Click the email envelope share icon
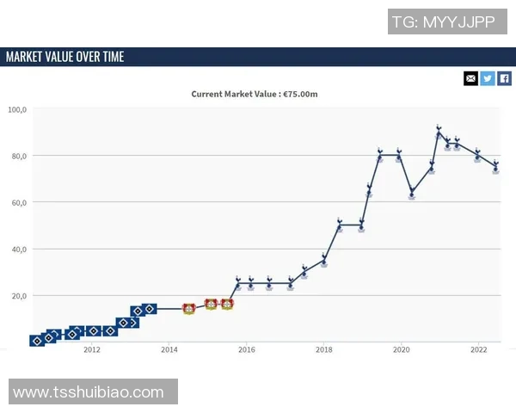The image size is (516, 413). point(470,78)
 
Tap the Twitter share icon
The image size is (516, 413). point(488,78)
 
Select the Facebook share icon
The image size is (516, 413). point(504,78)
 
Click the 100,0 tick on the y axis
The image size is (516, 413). point(18,109)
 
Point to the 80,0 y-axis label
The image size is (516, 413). point(18,156)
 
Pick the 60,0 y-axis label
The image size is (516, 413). point(18,202)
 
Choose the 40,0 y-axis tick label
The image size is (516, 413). point(18,249)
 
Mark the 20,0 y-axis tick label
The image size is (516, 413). point(18,295)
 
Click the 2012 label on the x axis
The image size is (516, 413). point(92,349)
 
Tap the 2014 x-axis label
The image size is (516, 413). point(169,349)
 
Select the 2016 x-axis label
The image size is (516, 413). point(247,349)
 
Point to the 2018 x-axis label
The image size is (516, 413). point(324,349)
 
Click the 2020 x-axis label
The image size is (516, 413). point(402,349)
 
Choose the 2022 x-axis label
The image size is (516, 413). point(479,349)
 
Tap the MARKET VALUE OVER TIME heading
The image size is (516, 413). point(65,57)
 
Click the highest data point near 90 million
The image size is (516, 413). point(439,133)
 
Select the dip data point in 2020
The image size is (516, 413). point(412,193)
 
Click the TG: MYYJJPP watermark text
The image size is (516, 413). point(443,22)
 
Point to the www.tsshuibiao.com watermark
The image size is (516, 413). point(89,392)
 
